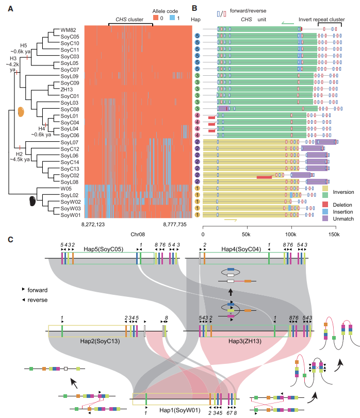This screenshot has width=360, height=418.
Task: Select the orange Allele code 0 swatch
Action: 156,18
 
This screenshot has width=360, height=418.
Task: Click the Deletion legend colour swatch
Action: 325,204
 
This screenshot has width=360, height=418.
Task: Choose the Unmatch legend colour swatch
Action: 325,219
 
